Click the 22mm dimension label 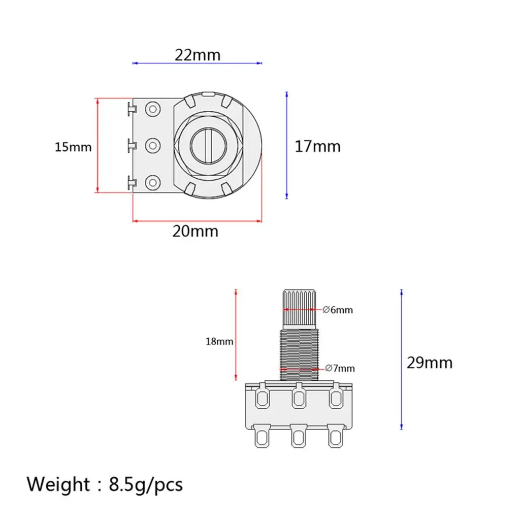(198, 54)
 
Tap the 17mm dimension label (318, 146)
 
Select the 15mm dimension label (73, 147)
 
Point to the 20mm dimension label (195, 231)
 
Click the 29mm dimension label (429, 363)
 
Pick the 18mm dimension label (219, 341)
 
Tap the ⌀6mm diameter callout (338, 310)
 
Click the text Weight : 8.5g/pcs (105, 484)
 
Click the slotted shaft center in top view (209, 146)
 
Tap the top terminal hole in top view (152, 109)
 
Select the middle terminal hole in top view (152, 146)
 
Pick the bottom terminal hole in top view (152, 182)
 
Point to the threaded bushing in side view (299, 355)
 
